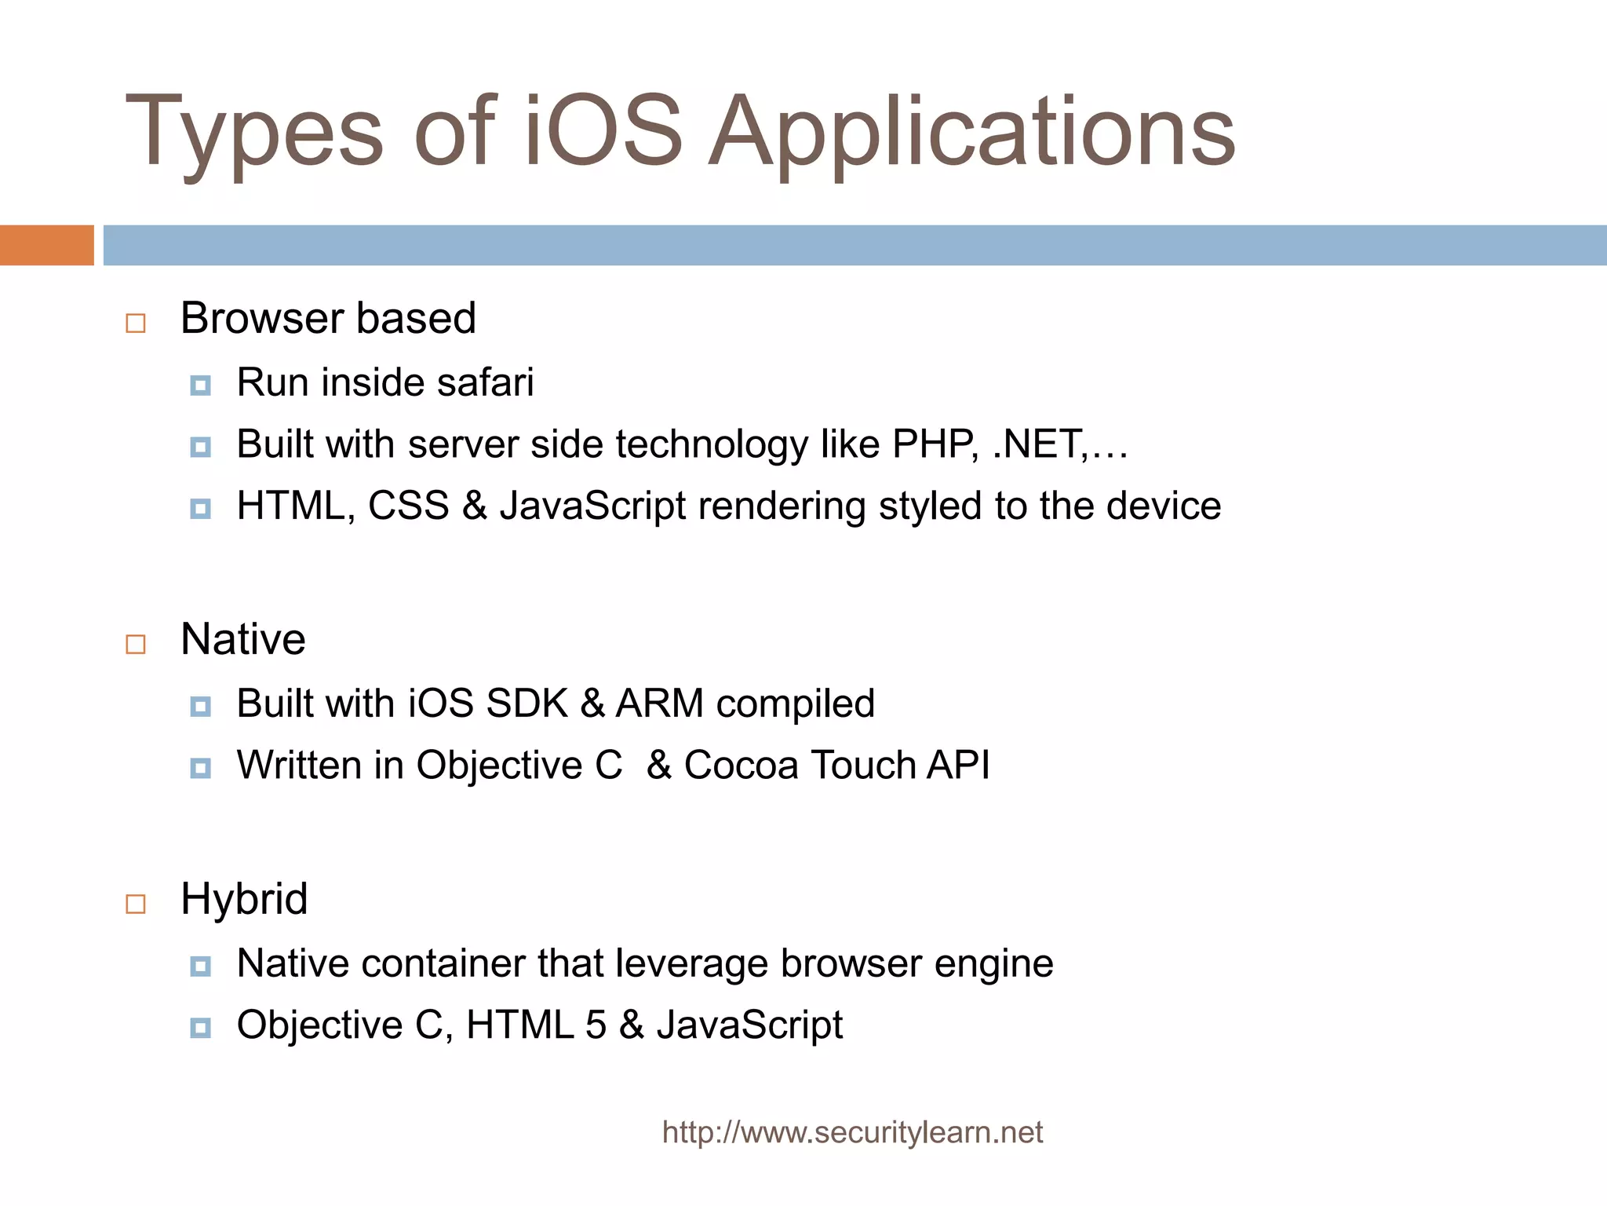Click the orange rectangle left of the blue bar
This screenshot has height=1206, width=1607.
[46, 245]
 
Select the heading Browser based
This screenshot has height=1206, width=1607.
[328, 318]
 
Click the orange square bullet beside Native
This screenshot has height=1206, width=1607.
[136, 644]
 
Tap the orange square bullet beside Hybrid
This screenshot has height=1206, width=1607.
[136, 904]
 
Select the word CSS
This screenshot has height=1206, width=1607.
[408, 506]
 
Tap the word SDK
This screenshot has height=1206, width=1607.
[527, 703]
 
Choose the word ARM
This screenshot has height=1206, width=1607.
[659, 703]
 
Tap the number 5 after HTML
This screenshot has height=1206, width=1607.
[596, 1025]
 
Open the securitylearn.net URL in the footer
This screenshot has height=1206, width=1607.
[852, 1132]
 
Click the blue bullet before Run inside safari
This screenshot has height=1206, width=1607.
[201, 386]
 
